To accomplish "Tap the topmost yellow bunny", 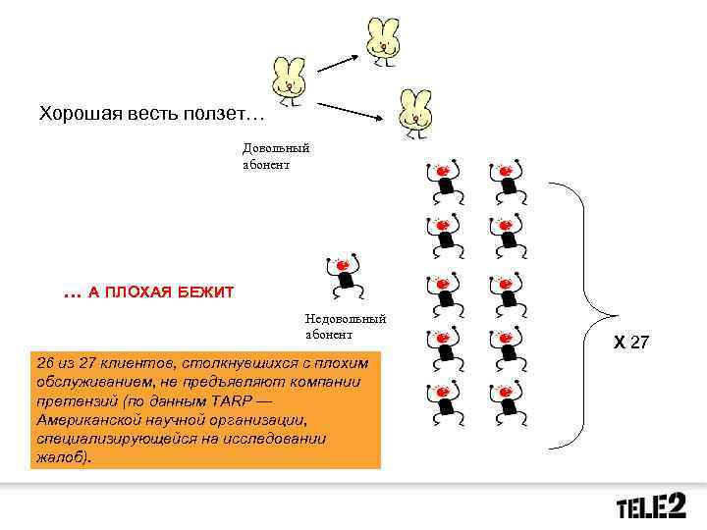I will coord(382,40).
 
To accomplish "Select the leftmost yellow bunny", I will coord(289,79).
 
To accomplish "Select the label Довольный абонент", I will coord(276,156).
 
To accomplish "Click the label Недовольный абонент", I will coord(345,326).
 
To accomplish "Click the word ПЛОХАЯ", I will coord(130,292).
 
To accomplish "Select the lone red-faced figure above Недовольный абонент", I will coord(345,276).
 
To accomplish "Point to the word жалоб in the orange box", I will coord(59,456).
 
